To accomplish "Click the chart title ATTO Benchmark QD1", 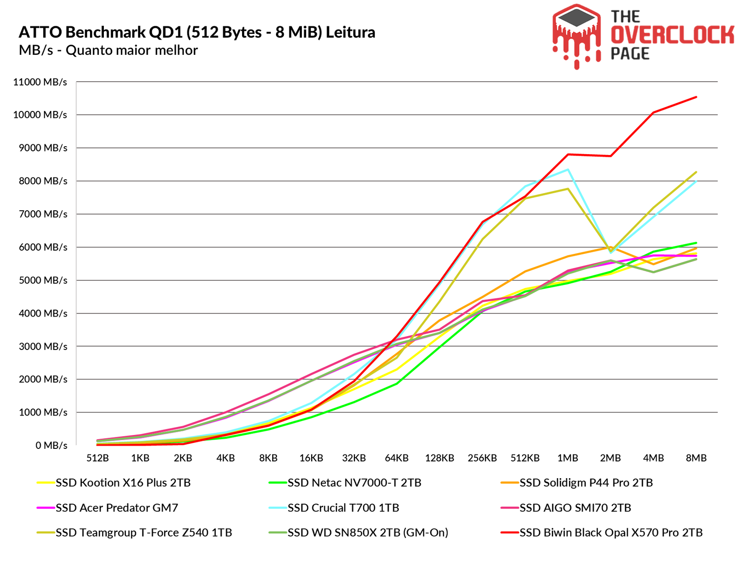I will [x=197, y=32].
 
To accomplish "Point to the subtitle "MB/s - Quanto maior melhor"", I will [x=108, y=50].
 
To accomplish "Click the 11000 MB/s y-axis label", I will [x=40, y=82].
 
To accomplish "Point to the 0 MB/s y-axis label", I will [x=51, y=446].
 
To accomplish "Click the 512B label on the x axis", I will [x=97, y=458].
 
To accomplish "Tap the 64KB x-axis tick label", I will [x=397, y=458].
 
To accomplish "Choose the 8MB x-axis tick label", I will [x=696, y=458].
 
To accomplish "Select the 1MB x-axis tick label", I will [x=568, y=458].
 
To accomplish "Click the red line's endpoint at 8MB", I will [x=697, y=97].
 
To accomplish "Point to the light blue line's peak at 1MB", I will [x=568, y=169].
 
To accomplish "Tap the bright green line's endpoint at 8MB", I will [x=697, y=243].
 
